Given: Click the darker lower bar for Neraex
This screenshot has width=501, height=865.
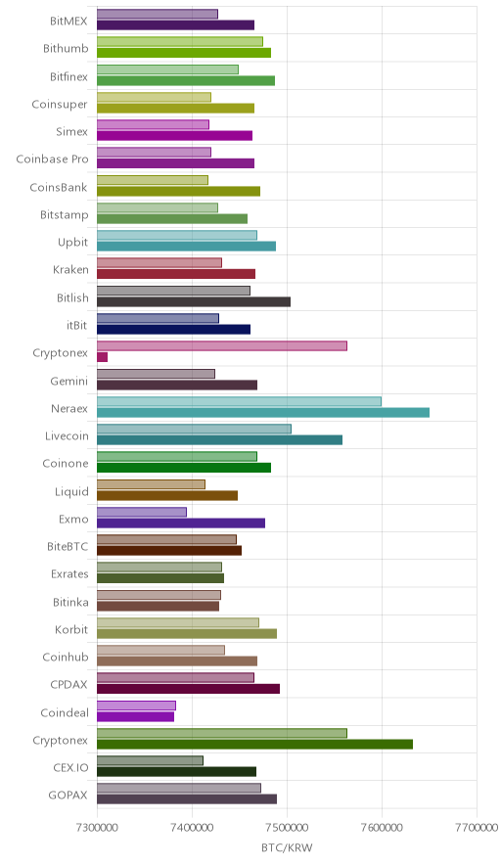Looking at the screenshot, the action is pos(263,412).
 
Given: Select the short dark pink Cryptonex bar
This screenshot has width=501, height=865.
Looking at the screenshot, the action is pos(102,357).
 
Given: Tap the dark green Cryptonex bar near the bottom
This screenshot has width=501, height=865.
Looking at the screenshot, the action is pos(255,745).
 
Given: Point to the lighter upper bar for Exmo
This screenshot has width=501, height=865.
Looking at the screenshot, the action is pos(142,512).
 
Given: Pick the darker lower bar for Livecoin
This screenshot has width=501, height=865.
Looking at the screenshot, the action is pos(219,439).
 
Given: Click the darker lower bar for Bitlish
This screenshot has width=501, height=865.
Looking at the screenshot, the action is pos(194,301).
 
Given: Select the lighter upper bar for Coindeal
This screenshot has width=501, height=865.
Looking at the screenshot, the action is pos(136,706).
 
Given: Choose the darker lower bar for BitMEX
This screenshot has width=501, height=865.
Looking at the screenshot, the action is pos(175,24).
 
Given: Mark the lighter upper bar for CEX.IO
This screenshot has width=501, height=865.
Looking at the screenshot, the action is pos(150,760).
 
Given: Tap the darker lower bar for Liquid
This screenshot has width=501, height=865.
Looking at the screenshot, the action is pos(167,495).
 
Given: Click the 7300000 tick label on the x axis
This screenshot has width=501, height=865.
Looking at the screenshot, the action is pos(97,828).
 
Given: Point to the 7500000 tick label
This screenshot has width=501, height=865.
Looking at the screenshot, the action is pos(287,828).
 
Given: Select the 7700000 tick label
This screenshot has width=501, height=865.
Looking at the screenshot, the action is pos(477,828).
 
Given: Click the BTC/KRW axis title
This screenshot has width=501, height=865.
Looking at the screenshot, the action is pos(287,848).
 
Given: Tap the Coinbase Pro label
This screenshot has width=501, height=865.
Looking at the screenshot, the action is pos(52,159).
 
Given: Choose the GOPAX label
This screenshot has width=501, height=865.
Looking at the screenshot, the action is pos(68,795).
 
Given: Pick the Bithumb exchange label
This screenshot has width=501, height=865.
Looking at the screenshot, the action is pos(66,49).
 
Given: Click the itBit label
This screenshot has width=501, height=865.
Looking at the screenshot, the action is pos(76,325).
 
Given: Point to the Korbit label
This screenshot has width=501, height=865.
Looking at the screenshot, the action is pos(71,629).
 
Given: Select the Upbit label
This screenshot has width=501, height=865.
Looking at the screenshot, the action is pos(72,242).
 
